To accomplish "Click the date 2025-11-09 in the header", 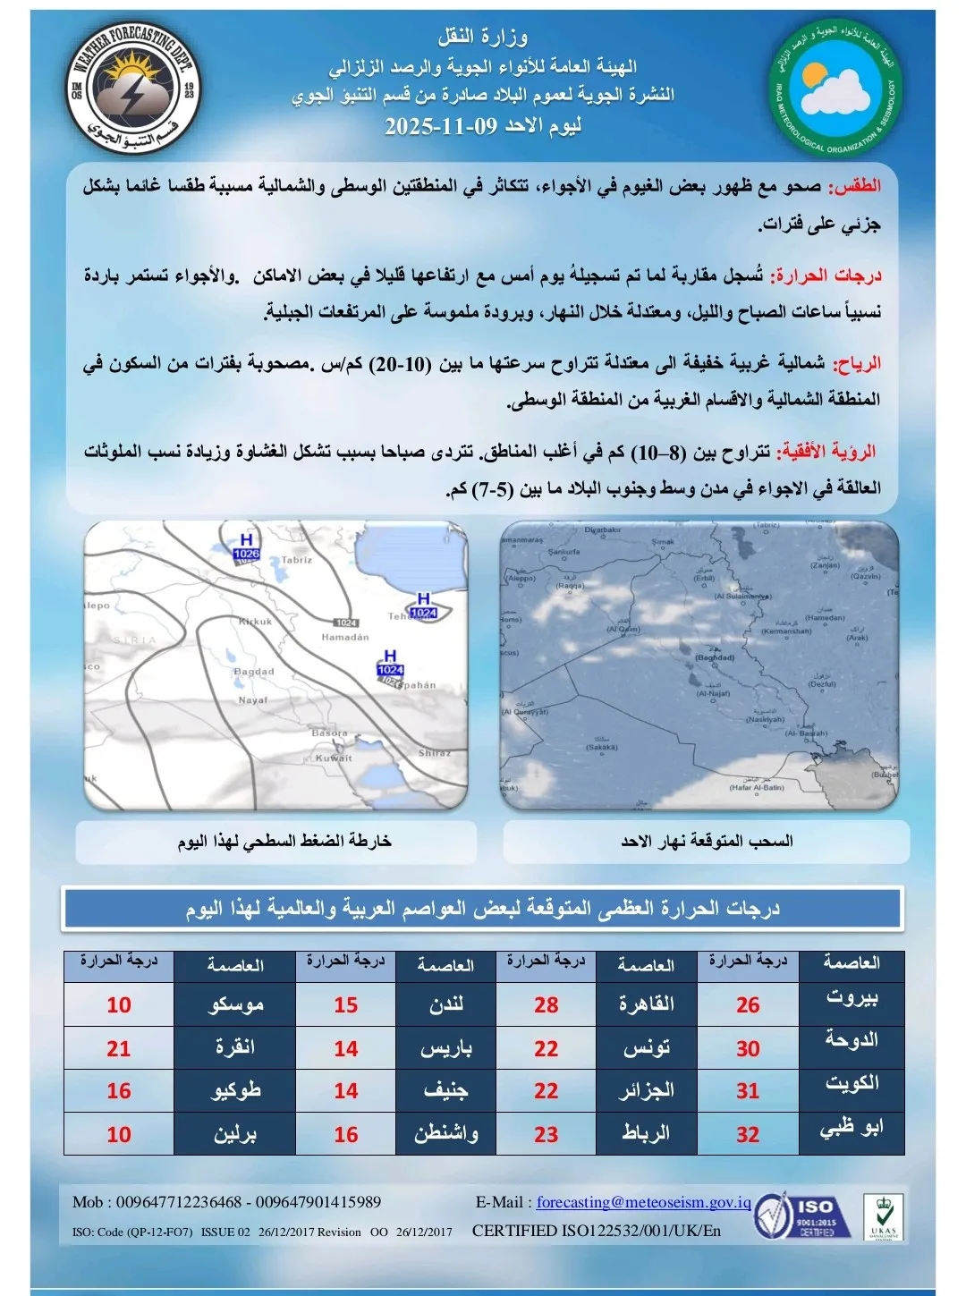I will pos(440,125).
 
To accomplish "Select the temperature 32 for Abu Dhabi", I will pos(748,1134).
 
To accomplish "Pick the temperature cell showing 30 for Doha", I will pos(748,1048).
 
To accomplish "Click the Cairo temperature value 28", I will pos(546,1005).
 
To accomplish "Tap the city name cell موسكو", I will pos(235,1005).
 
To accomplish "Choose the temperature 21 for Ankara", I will pos(119,1048).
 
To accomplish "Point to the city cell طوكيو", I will pos(235,1091).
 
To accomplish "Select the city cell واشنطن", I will pos(445,1134).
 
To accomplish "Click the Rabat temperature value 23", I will pos(546,1134).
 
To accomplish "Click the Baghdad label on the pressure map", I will pos(254,672).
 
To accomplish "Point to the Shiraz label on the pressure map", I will pos(435,753).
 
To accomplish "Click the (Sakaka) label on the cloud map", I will pos(602,747).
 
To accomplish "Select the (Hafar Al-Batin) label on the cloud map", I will pos(756,787).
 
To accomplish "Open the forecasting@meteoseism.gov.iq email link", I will pos(643,1202).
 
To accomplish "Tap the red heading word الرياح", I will pos(857,363).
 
